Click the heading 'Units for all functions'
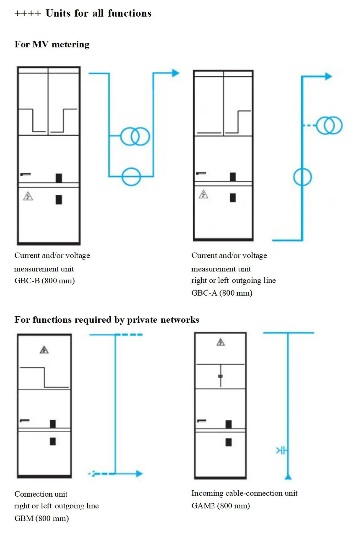point(99,13)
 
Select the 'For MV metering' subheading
point(52,44)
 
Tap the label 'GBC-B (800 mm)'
point(45,281)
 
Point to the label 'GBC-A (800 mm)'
point(222,293)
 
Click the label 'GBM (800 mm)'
point(42,518)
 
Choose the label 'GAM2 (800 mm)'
point(221,506)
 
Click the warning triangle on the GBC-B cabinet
point(28,196)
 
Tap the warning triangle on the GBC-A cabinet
point(204,194)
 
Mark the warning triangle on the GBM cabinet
point(44,350)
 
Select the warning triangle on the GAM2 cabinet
point(221,342)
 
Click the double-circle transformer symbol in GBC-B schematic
point(135,136)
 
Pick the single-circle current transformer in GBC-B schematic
point(131,177)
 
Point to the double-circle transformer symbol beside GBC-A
point(329,126)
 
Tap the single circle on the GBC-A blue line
point(303,177)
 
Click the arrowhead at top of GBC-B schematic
point(176,73)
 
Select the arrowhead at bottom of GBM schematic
point(139,473)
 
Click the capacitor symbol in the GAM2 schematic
point(282,451)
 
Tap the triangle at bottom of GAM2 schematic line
point(288,477)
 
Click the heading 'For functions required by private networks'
point(107,320)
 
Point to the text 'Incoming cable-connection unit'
point(244,493)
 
